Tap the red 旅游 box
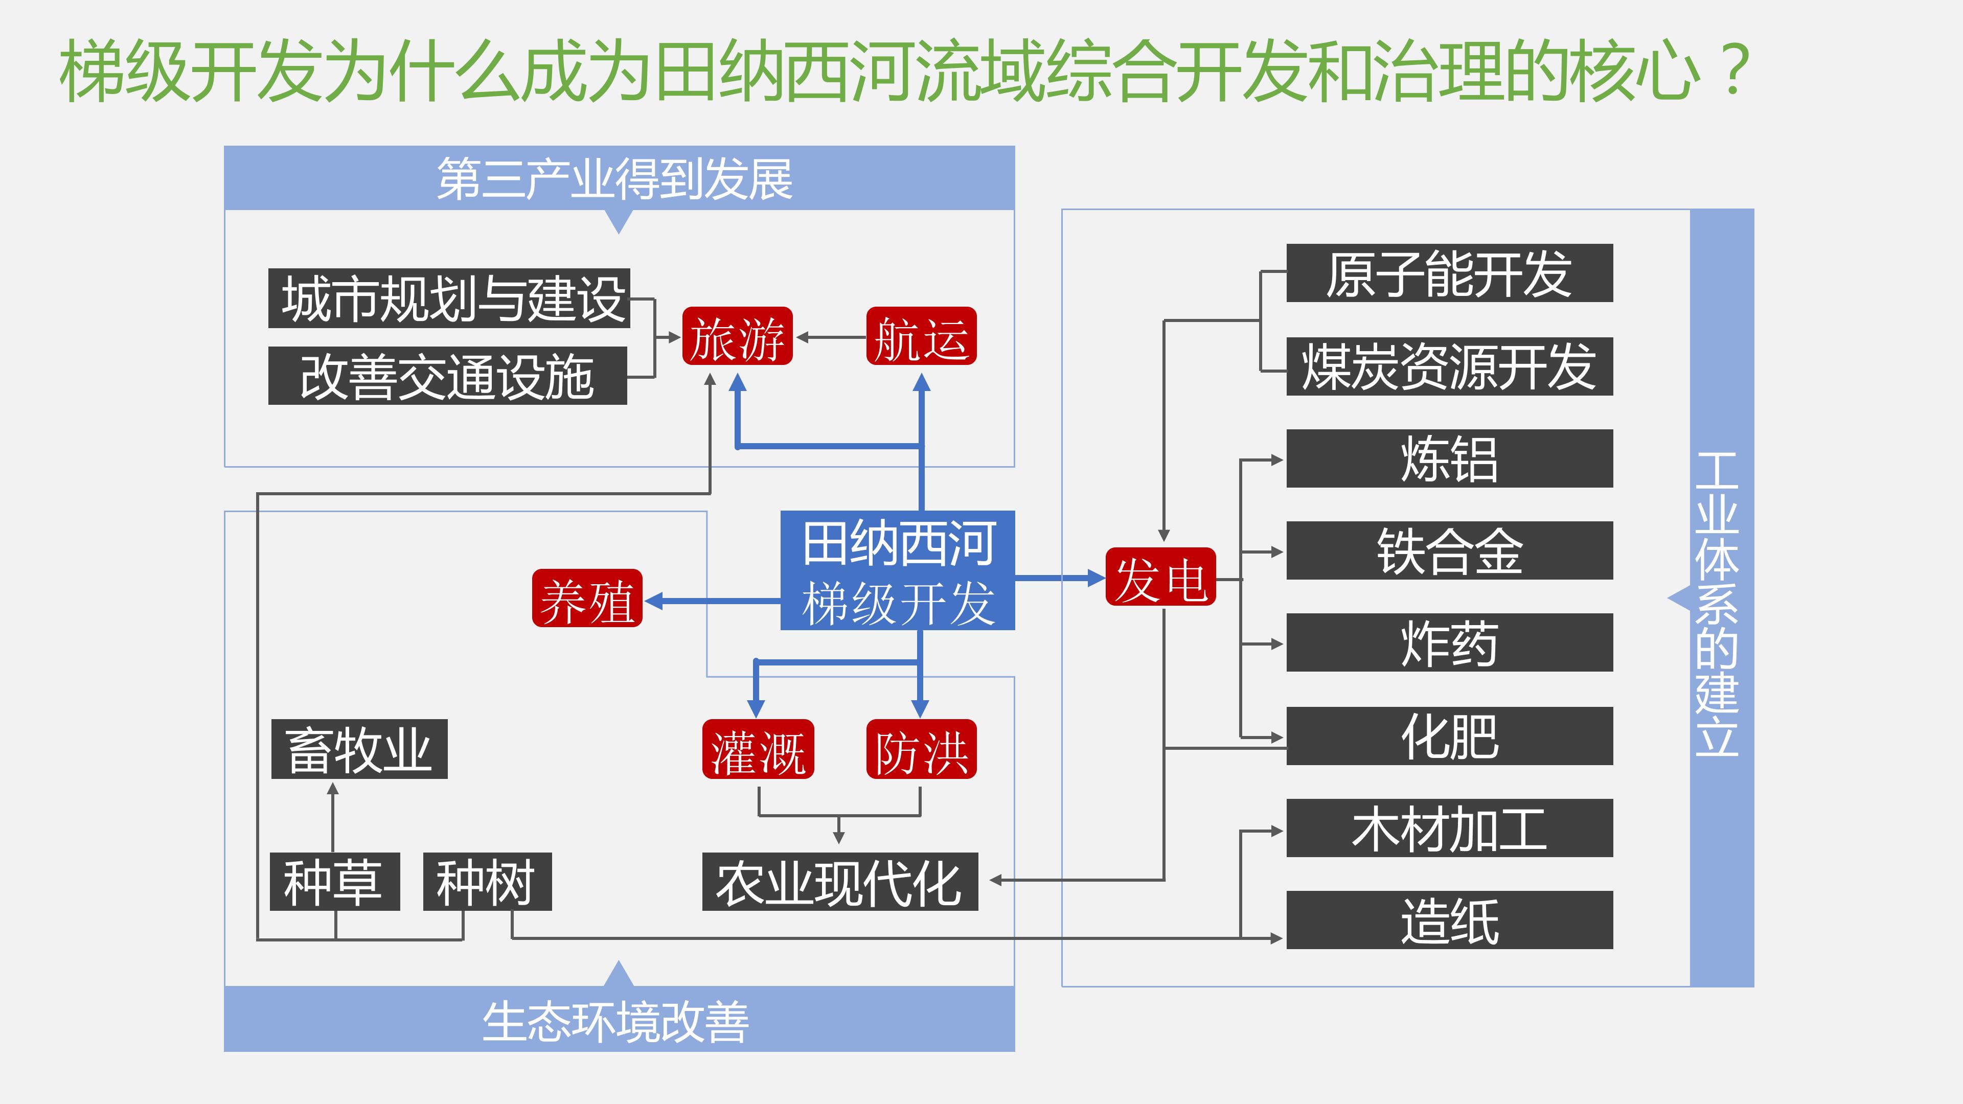point(737,337)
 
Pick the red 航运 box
point(921,337)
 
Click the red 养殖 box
point(587,599)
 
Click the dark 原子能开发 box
point(1449,273)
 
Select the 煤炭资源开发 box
point(1449,366)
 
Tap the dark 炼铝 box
point(1449,458)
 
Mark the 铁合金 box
point(1449,551)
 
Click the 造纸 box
point(1449,921)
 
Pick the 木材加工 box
point(1449,828)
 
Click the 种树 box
point(487,882)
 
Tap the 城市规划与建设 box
point(449,298)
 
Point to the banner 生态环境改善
point(618,1020)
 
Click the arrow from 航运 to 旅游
point(831,337)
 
